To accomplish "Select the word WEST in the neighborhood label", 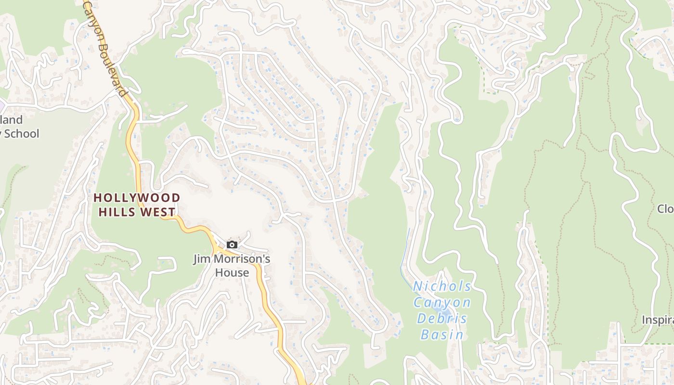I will click(157, 212).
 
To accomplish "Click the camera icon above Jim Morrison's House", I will click(232, 245).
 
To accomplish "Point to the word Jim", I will click(202, 259).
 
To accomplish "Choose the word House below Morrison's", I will click(232, 273).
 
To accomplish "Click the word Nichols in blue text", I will click(442, 286).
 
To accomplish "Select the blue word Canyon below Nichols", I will click(442, 303).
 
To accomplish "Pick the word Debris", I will click(442, 319).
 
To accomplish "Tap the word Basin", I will click(442, 334).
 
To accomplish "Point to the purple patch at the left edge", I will click(2, 104).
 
